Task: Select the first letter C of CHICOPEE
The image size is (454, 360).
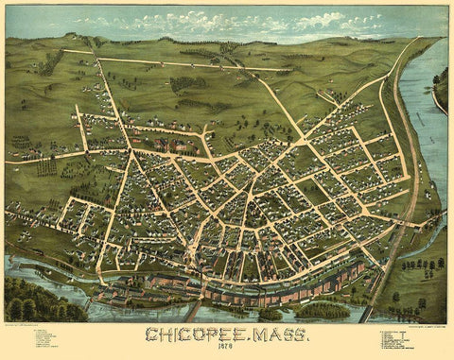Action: point(151,334)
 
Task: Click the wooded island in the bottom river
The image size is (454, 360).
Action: point(322,309)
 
